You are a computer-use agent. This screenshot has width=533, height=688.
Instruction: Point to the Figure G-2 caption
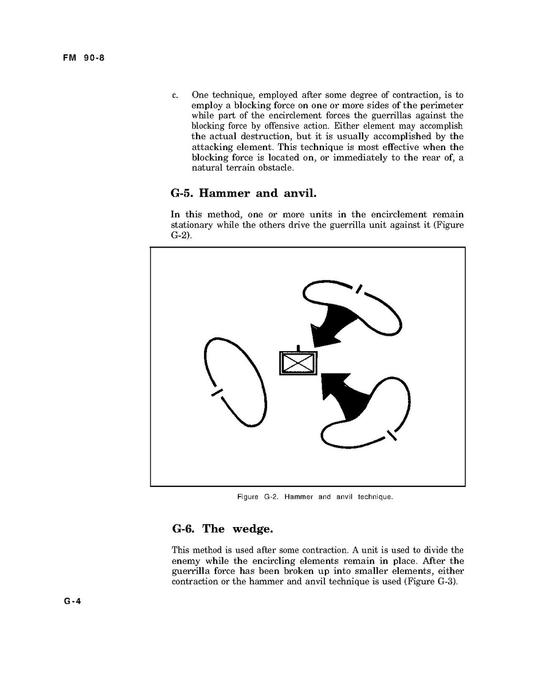coord(315,497)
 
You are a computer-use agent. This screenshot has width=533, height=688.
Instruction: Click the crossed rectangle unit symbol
coord(298,363)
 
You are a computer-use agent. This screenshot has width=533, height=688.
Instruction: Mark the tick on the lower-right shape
coord(392,435)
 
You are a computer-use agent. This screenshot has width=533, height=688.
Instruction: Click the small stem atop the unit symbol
coord(298,348)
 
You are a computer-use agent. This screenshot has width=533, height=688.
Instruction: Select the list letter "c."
coord(175,95)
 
